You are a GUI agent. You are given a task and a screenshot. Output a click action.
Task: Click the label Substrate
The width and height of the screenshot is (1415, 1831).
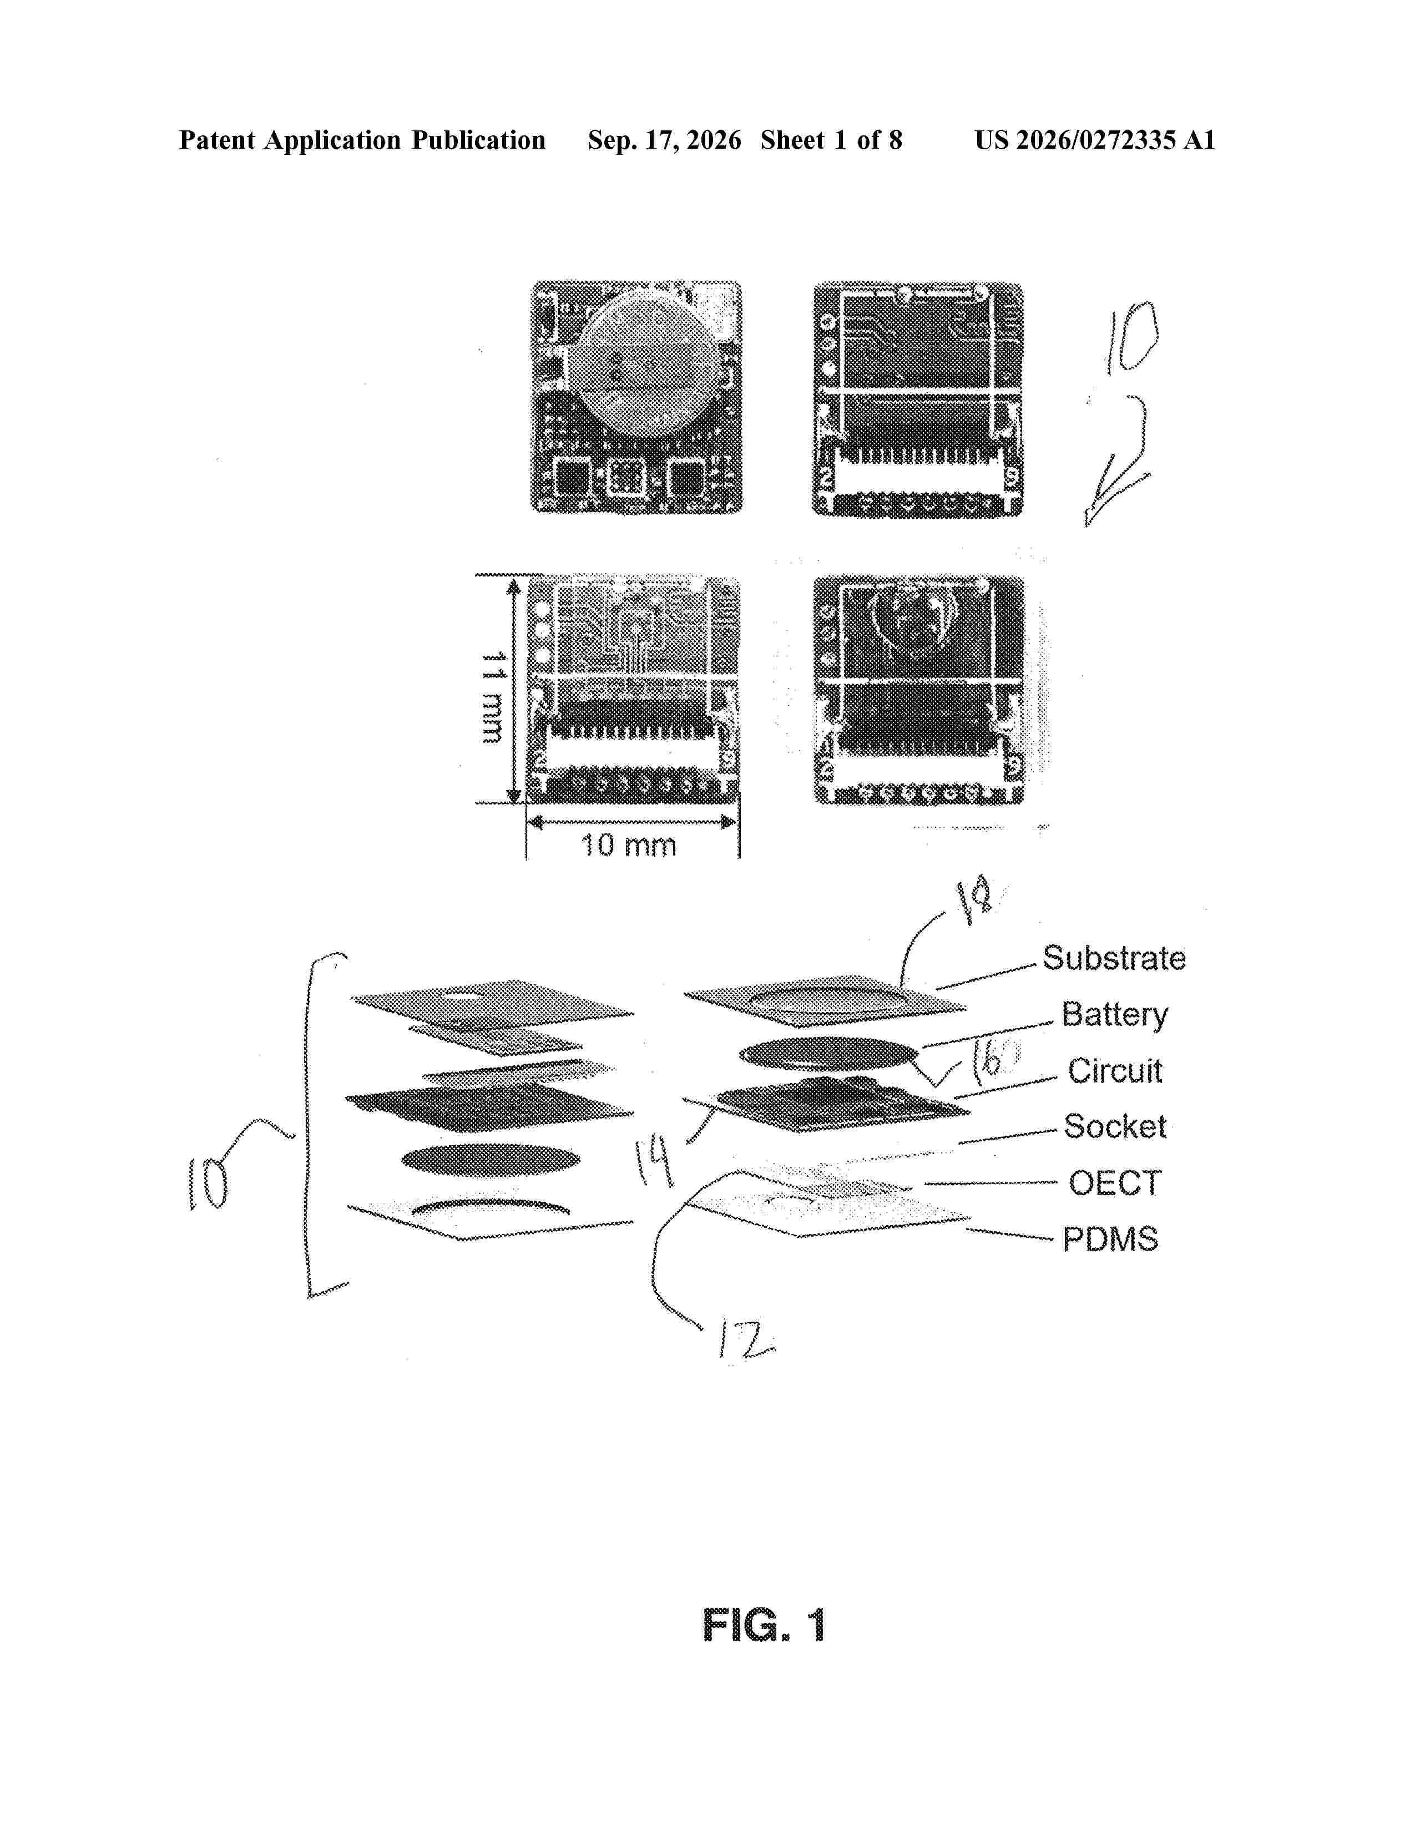1114,958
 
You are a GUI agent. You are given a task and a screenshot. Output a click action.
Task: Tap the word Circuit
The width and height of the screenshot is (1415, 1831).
1115,1071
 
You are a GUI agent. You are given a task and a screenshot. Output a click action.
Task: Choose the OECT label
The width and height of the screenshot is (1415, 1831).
1115,1183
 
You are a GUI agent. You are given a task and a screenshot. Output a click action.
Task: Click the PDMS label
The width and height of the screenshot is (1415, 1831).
1111,1239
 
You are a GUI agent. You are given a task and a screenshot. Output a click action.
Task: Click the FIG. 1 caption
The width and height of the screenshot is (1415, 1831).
764,1626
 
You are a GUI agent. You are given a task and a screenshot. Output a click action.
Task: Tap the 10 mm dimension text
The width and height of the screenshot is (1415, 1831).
629,845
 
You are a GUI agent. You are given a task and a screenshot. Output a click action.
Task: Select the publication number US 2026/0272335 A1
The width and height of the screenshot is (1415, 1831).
1094,140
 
